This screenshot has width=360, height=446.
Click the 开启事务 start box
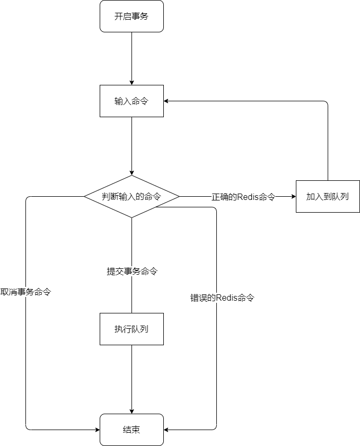tap(131, 16)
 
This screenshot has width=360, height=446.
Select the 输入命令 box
tap(131, 101)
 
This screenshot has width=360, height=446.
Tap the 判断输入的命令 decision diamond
tap(131, 196)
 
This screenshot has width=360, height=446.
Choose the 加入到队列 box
tap(328, 196)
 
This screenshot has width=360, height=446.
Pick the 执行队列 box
tap(131, 329)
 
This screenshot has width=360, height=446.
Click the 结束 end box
tap(131, 430)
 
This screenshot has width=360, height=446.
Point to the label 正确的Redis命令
tap(244, 197)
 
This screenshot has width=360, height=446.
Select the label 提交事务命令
tap(133, 272)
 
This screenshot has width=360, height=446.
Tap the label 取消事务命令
tap(26, 292)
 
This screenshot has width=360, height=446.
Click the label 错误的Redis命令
tap(223, 298)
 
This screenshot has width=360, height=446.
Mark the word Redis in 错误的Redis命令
tap(226, 298)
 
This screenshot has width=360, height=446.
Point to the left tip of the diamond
tap(86, 196)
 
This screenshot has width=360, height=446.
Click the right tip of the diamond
tap(178, 196)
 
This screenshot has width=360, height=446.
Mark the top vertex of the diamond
tap(131, 176)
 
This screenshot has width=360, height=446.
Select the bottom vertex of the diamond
tap(131, 216)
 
